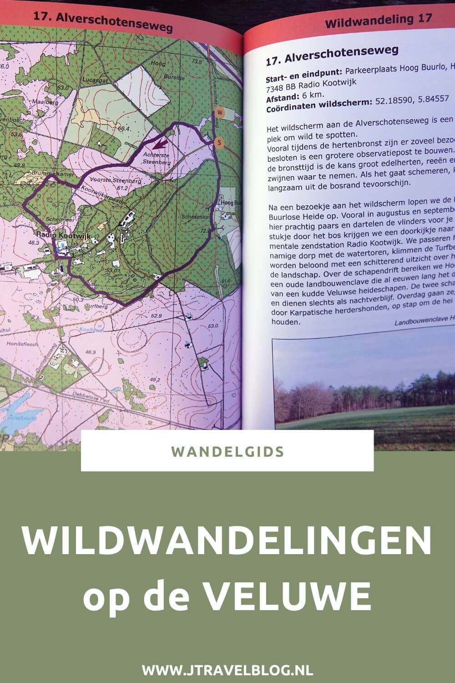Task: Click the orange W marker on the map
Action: [x=220, y=112]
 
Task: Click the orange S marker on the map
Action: [x=220, y=143]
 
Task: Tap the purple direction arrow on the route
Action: [x=159, y=145]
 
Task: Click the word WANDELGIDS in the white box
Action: [x=227, y=451]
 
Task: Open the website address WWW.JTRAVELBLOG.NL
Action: [x=227, y=670]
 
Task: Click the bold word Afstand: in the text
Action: [x=280, y=96]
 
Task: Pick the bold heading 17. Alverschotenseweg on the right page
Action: [x=325, y=55]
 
